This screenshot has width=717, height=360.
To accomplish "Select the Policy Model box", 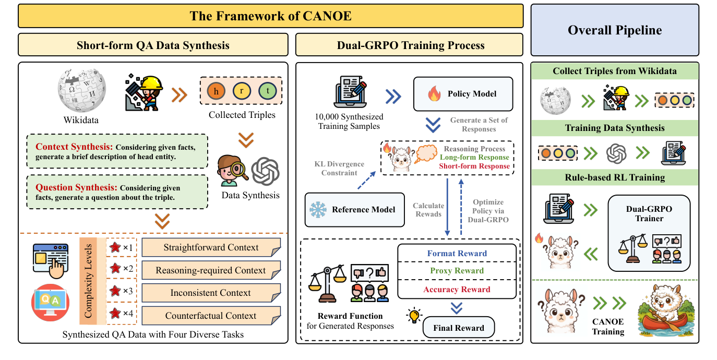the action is click(x=463, y=94).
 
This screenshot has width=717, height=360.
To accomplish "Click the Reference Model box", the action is click(x=354, y=210).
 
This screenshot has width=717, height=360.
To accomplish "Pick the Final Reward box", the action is click(x=458, y=328).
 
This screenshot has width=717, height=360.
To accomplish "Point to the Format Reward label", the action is click(x=457, y=254).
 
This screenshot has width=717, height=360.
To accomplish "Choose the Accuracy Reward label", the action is click(x=457, y=290).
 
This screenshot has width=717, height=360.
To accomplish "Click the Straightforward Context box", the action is click(x=211, y=247).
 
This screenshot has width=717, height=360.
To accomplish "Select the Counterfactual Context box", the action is click(x=211, y=316).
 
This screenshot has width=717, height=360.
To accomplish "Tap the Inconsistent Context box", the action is click(x=211, y=293).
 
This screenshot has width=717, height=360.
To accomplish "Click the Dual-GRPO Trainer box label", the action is click(x=649, y=213).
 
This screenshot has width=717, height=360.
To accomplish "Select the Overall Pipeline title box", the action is click(x=615, y=30).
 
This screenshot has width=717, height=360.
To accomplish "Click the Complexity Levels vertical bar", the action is click(x=88, y=281).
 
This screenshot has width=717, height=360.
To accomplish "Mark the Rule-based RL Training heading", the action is click(x=615, y=177).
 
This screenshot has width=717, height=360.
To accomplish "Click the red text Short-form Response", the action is click(x=474, y=166).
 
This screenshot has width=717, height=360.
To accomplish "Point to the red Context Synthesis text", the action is click(x=75, y=147).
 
